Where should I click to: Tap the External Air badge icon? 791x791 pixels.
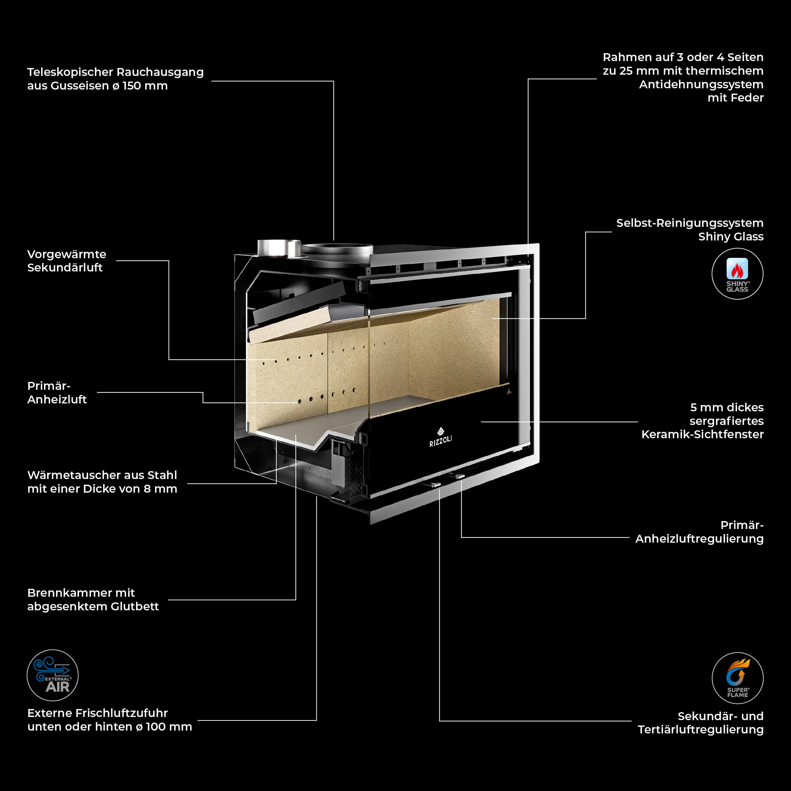click(53, 675)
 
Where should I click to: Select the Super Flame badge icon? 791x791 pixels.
click(737, 678)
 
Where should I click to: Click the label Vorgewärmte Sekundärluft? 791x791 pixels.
click(67, 261)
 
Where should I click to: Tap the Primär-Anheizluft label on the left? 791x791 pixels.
click(57, 393)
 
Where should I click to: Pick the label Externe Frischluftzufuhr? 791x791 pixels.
click(97, 713)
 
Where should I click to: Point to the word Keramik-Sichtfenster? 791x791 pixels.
click(702, 434)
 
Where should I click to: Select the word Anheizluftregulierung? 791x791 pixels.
click(699, 539)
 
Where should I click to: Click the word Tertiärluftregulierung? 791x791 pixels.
click(701, 730)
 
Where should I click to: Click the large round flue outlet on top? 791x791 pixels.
click(337, 248)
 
